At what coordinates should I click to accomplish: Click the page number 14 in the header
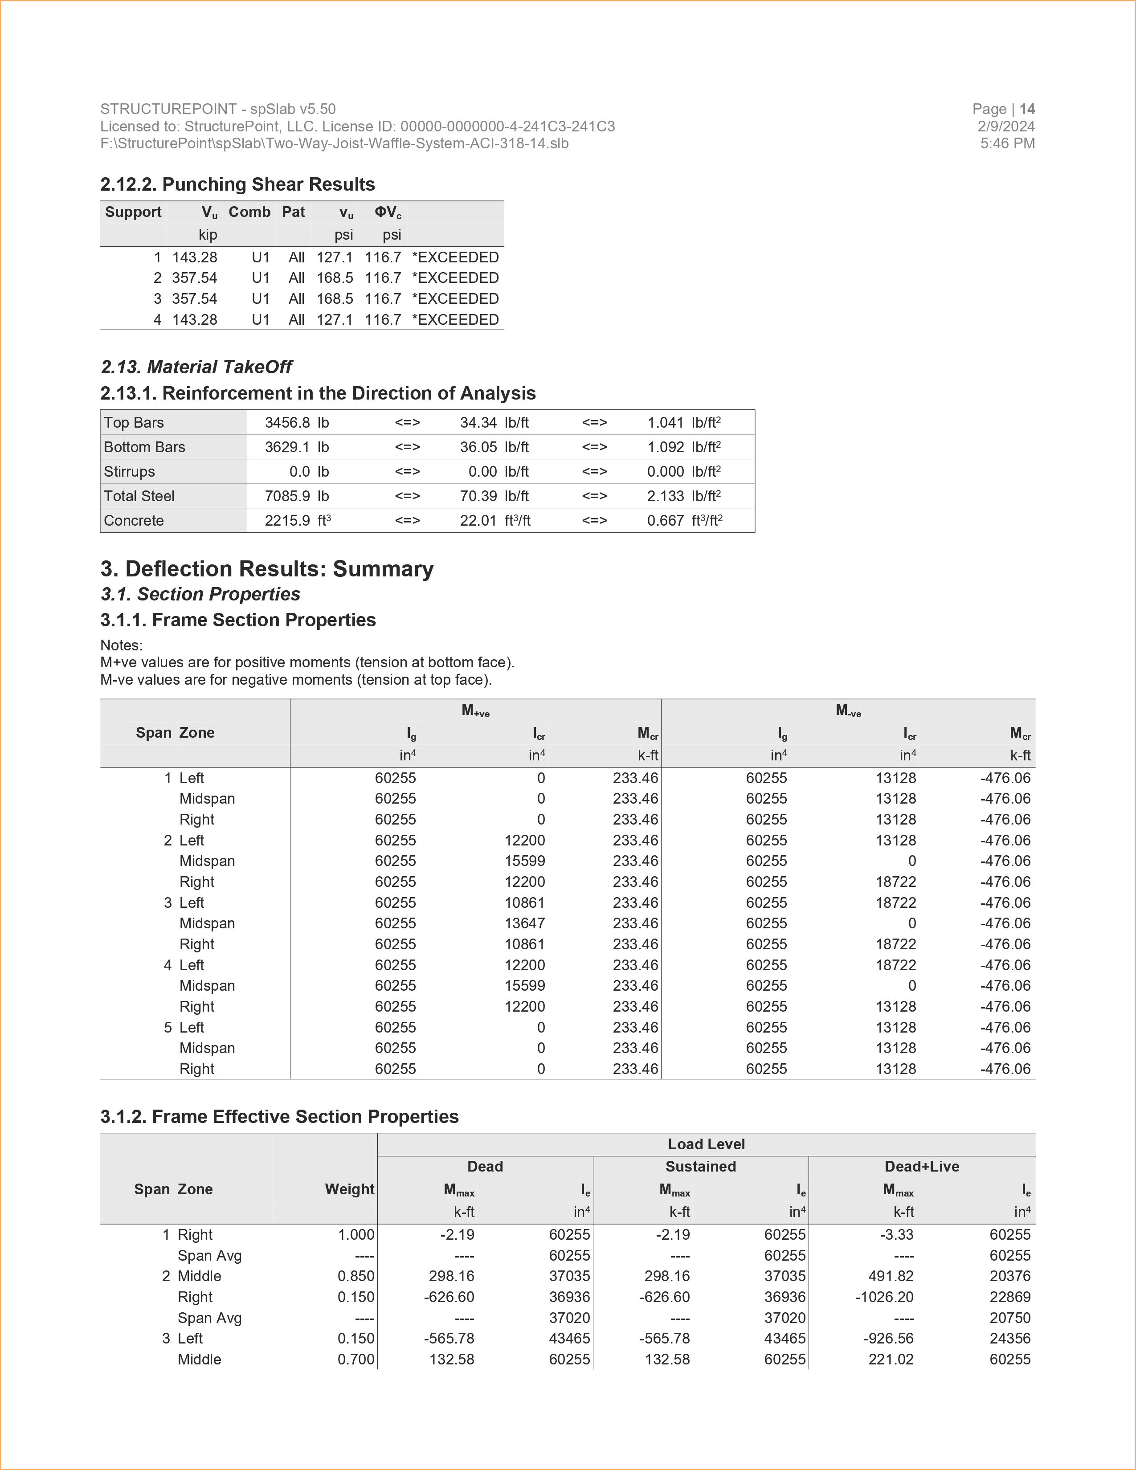click(1027, 109)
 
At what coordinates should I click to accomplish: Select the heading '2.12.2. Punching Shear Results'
click(237, 184)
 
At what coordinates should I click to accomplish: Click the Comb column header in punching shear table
click(249, 212)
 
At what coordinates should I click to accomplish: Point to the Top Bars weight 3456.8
click(287, 423)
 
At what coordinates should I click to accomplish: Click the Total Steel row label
click(139, 496)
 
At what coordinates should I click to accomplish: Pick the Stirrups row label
click(129, 472)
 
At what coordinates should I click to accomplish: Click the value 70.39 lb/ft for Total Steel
click(478, 496)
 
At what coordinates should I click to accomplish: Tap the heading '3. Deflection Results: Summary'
click(267, 569)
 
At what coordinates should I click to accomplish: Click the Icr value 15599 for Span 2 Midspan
click(525, 861)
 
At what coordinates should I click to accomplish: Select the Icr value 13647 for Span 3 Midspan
click(525, 923)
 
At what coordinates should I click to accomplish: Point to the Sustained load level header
click(701, 1167)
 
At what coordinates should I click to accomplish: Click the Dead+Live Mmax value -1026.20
click(884, 1297)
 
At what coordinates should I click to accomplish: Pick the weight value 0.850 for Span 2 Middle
click(356, 1276)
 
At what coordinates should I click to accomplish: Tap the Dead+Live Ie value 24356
click(1010, 1339)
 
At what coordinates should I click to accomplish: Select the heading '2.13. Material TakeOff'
click(196, 367)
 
